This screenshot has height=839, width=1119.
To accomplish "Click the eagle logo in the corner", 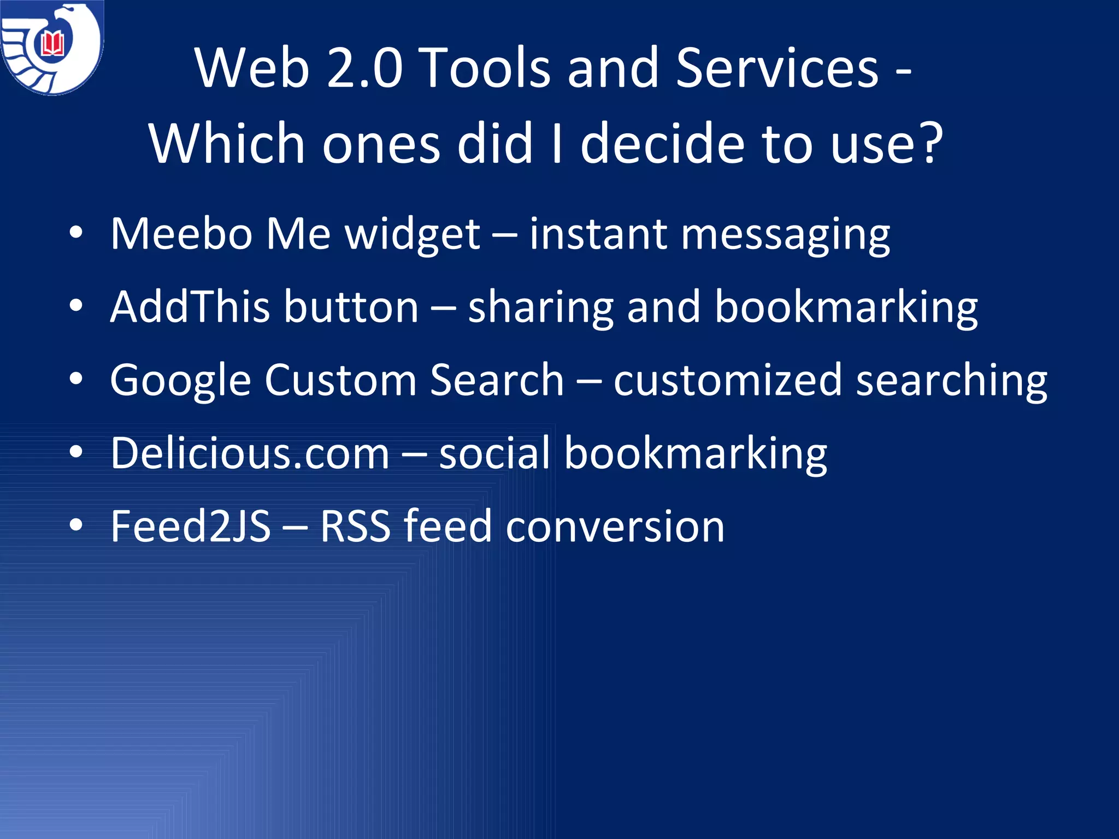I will (x=52, y=48).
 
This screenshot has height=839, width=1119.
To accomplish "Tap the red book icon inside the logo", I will (x=53, y=44).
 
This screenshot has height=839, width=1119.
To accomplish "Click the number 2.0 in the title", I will (x=364, y=68).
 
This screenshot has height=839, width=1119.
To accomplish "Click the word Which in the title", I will (x=227, y=143).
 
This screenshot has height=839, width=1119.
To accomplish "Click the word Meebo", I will (x=181, y=234).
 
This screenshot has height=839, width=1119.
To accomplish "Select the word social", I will (x=494, y=453).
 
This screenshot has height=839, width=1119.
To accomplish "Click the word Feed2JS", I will (x=190, y=526).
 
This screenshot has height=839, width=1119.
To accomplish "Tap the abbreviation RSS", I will (x=355, y=526).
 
